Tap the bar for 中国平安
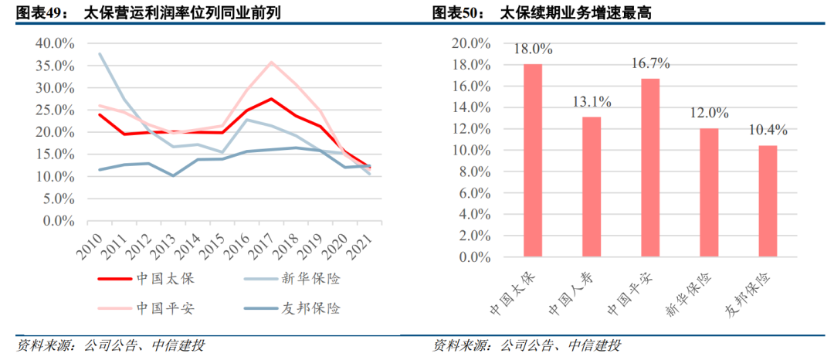tap(650, 166)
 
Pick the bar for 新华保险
tap(708, 192)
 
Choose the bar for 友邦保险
tap(767, 200)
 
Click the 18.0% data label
tap(533, 49)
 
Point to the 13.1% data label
tap(592, 101)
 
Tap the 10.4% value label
tap(767, 131)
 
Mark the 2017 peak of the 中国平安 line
tap(271, 63)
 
